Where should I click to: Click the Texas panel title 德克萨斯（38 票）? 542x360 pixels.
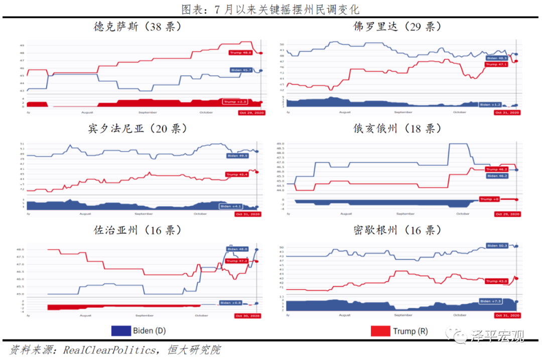click(137, 27)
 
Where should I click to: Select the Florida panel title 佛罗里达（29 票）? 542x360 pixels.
click(397, 27)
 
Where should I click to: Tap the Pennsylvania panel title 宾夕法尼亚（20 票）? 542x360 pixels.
click(137, 129)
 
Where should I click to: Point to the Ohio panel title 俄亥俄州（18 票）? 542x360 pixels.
click(397, 129)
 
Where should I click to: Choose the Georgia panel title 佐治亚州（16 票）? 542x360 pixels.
click(137, 230)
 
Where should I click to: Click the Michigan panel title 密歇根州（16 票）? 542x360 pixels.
click(397, 230)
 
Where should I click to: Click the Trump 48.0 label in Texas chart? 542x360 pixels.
click(240, 53)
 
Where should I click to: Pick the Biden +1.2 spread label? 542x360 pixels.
click(490, 105)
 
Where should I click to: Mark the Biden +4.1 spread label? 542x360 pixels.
click(231, 206)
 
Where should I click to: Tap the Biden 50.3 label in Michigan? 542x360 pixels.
click(497, 246)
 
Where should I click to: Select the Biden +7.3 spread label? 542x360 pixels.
click(490, 301)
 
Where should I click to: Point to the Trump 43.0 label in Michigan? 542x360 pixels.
click(497, 281)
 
